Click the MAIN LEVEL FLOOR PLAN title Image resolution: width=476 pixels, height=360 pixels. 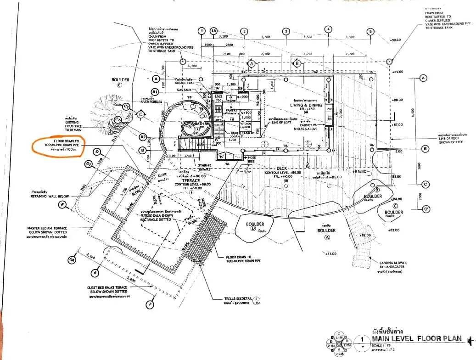click(417, 339)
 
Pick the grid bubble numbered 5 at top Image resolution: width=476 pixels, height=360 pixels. click(370, 32)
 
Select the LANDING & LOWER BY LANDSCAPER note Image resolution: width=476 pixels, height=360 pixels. click(393, 265)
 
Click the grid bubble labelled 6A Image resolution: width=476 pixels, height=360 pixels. click(71, 260)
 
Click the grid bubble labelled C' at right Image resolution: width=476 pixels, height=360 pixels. click(426, 209)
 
